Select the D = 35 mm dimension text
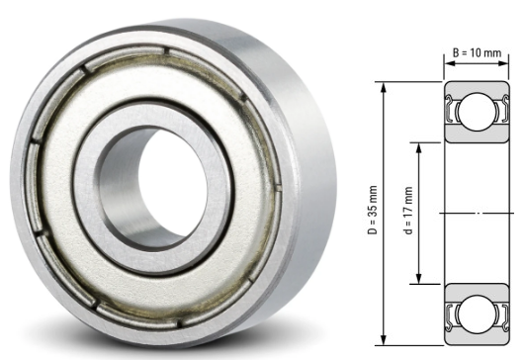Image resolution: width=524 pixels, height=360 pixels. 373,213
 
